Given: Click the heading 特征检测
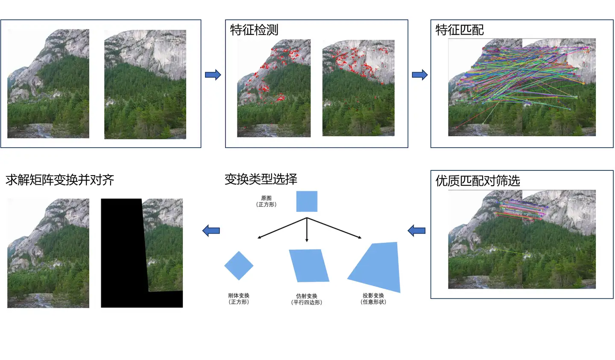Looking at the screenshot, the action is (x=254, y=30).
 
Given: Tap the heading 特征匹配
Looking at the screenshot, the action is (x=460, y=30).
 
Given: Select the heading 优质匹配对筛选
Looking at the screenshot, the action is (x=477, y=181).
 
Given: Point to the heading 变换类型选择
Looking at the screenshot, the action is (x=261, y=179).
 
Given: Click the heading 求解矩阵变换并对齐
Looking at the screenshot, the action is (x=60, y=180).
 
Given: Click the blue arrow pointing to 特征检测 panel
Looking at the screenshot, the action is (x=213, y=75).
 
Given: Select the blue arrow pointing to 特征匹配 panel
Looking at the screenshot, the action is (x=419, y=75).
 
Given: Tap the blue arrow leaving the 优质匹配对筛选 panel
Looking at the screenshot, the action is (x=417, y=231).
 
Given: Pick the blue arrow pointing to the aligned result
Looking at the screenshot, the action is (x=211, y=231).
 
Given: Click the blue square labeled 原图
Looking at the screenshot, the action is (x=307, y=201).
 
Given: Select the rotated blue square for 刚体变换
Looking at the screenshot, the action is (x=239, y=265).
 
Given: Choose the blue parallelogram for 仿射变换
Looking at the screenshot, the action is (x=309, y=265).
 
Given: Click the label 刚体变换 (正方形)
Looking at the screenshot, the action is (x=239, y=299).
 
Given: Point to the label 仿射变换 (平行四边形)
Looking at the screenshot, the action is (x=307, y=299).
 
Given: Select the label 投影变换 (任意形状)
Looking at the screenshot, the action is (x=373, y=299).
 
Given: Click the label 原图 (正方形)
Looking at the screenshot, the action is (x=266, y=201).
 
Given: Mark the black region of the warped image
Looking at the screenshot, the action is (x=122, y=256).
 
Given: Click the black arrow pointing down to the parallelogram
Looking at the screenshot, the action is (x=307, y=231).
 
